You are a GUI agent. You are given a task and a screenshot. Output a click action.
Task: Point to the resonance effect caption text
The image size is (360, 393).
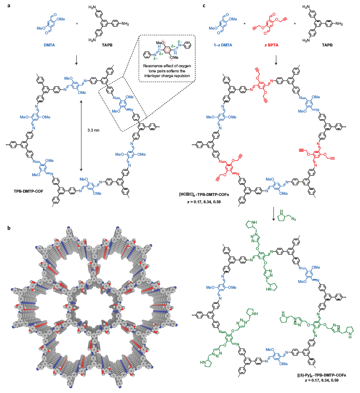[x=167, y=72]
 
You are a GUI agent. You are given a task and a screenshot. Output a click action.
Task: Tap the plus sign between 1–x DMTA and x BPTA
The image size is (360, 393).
[x=245, y=24]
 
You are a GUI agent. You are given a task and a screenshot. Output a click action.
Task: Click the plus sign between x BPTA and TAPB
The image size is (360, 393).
[x=295, y=24]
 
